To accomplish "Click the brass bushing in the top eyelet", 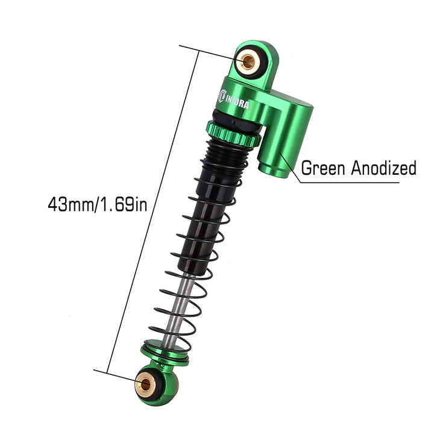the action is coord(248,61).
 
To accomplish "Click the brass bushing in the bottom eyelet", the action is coord(145,384).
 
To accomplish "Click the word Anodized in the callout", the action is coord(383,168).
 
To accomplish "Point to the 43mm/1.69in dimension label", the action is coord(98,204).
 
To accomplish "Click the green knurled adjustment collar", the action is coord(233,136).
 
